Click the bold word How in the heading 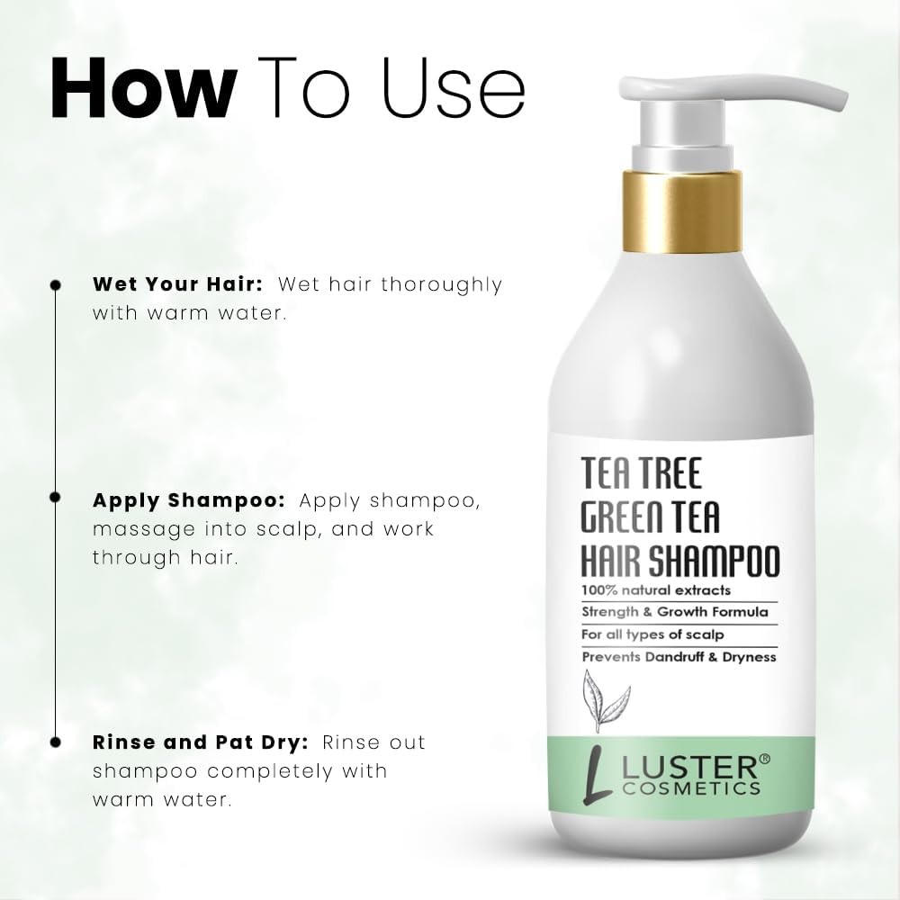[x=143, y=88]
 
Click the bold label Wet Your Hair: [x=177, y=284]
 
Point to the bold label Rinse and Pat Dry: [x=201, y=743]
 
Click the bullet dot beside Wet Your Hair [x=56, y=284]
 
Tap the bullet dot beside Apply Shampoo [x=56, y=497]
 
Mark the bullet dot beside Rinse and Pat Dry [x=56, y=742]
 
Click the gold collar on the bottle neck [x=682, y=211]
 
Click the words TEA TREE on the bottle [x=641, y=472]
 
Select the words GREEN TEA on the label [x=650, y=518]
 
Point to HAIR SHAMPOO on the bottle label [x=679, y=562]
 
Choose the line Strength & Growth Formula [x=674, y=613]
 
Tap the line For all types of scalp [x=652, y=634]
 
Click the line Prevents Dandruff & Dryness [x=679, y=657]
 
